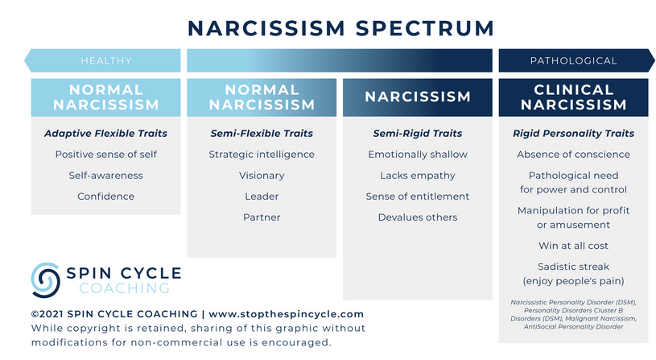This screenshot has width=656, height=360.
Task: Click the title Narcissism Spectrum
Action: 340,29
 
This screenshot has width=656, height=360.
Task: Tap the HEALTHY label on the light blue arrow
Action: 106,60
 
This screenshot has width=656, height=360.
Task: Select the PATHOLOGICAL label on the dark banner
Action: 573,60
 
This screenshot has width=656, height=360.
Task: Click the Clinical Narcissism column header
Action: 573,97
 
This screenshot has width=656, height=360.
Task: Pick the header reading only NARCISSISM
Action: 418,97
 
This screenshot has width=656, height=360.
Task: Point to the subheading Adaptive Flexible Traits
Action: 106,133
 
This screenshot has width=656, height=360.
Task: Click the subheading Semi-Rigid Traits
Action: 418,133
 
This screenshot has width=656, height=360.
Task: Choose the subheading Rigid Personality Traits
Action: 573,133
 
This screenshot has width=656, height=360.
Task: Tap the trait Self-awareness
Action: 106,175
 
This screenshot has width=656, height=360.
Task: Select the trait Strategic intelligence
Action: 262,154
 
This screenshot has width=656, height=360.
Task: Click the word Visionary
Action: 262,175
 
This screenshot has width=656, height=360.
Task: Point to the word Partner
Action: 262,217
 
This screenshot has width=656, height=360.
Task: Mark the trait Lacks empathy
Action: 418,175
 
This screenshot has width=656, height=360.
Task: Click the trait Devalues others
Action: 418,217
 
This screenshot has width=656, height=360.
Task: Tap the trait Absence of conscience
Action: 573,154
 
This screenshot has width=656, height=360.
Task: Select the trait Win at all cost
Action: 573,246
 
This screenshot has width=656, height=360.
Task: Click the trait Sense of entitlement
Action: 418,196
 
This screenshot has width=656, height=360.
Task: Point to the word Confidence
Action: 106,196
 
